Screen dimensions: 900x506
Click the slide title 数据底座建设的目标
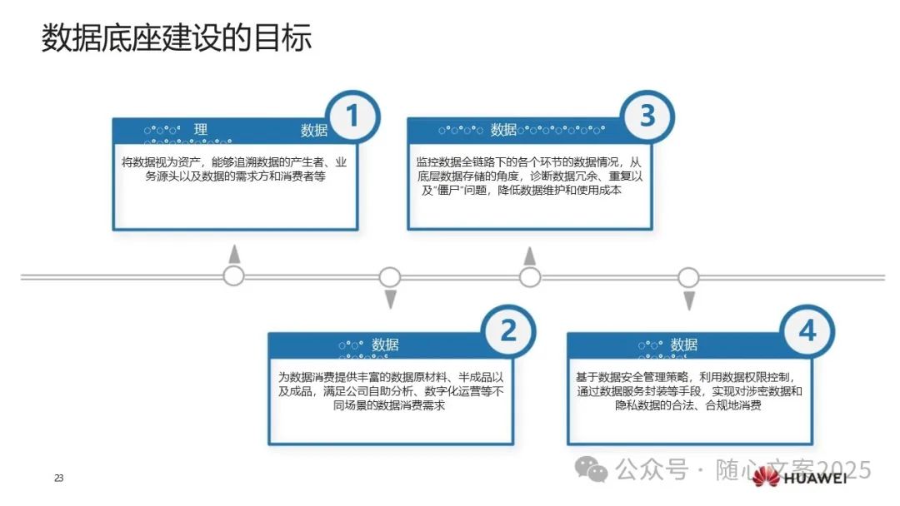tap(177, 38)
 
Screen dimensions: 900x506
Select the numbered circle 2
tap(507, 332)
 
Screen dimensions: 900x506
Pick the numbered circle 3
tap(647, 117)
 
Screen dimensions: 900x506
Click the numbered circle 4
tap(807, 332)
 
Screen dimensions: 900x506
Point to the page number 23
tap(58, 479)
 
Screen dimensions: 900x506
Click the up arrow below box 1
tap(235, 254)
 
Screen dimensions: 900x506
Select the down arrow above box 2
tap(389, 300)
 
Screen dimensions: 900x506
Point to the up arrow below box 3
tap(529, 254)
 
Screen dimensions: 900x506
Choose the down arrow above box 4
tap(688, 300)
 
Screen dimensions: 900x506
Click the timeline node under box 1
tap(234, 276)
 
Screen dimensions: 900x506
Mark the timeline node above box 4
tap(688, 276)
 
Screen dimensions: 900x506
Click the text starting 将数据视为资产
tap(235, 169)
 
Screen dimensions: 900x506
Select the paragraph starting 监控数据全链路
tap(530, 176)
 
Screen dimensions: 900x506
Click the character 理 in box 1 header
tap(201, 130)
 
